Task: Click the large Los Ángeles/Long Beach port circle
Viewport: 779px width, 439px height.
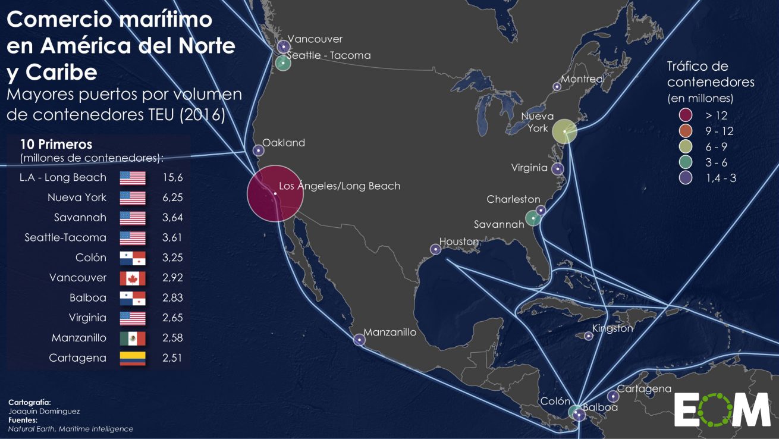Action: click(x=275, y=193)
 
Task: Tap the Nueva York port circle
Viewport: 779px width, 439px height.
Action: click(x=565, y=131)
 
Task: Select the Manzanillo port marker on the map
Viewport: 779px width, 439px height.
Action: click(x=359, y=340)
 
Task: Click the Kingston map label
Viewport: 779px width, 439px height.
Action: click(x=612, y=328)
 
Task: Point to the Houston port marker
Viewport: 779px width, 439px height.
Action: click(x=434, y=250)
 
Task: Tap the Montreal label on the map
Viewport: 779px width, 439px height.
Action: click(x=583, y=79)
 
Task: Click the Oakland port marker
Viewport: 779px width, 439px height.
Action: click(x=258, y=150)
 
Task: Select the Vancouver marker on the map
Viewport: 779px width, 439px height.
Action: click(x=284, y=46)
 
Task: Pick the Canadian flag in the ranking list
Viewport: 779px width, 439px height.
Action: click(x=133, y=278)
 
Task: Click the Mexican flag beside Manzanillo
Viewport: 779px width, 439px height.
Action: click(x=133, y=338)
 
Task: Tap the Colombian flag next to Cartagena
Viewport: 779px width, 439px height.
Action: click(x=133, y=358)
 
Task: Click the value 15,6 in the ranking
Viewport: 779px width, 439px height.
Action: click(x=172, y=177)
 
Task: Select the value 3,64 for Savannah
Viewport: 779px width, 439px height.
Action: click(x=172, y=218)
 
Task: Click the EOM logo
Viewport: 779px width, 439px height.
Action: click(x=722, y=409)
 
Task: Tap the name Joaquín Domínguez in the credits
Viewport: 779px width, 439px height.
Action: click(x=44, y=411)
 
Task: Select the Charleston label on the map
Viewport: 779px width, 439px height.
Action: click(x=513, y=199)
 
